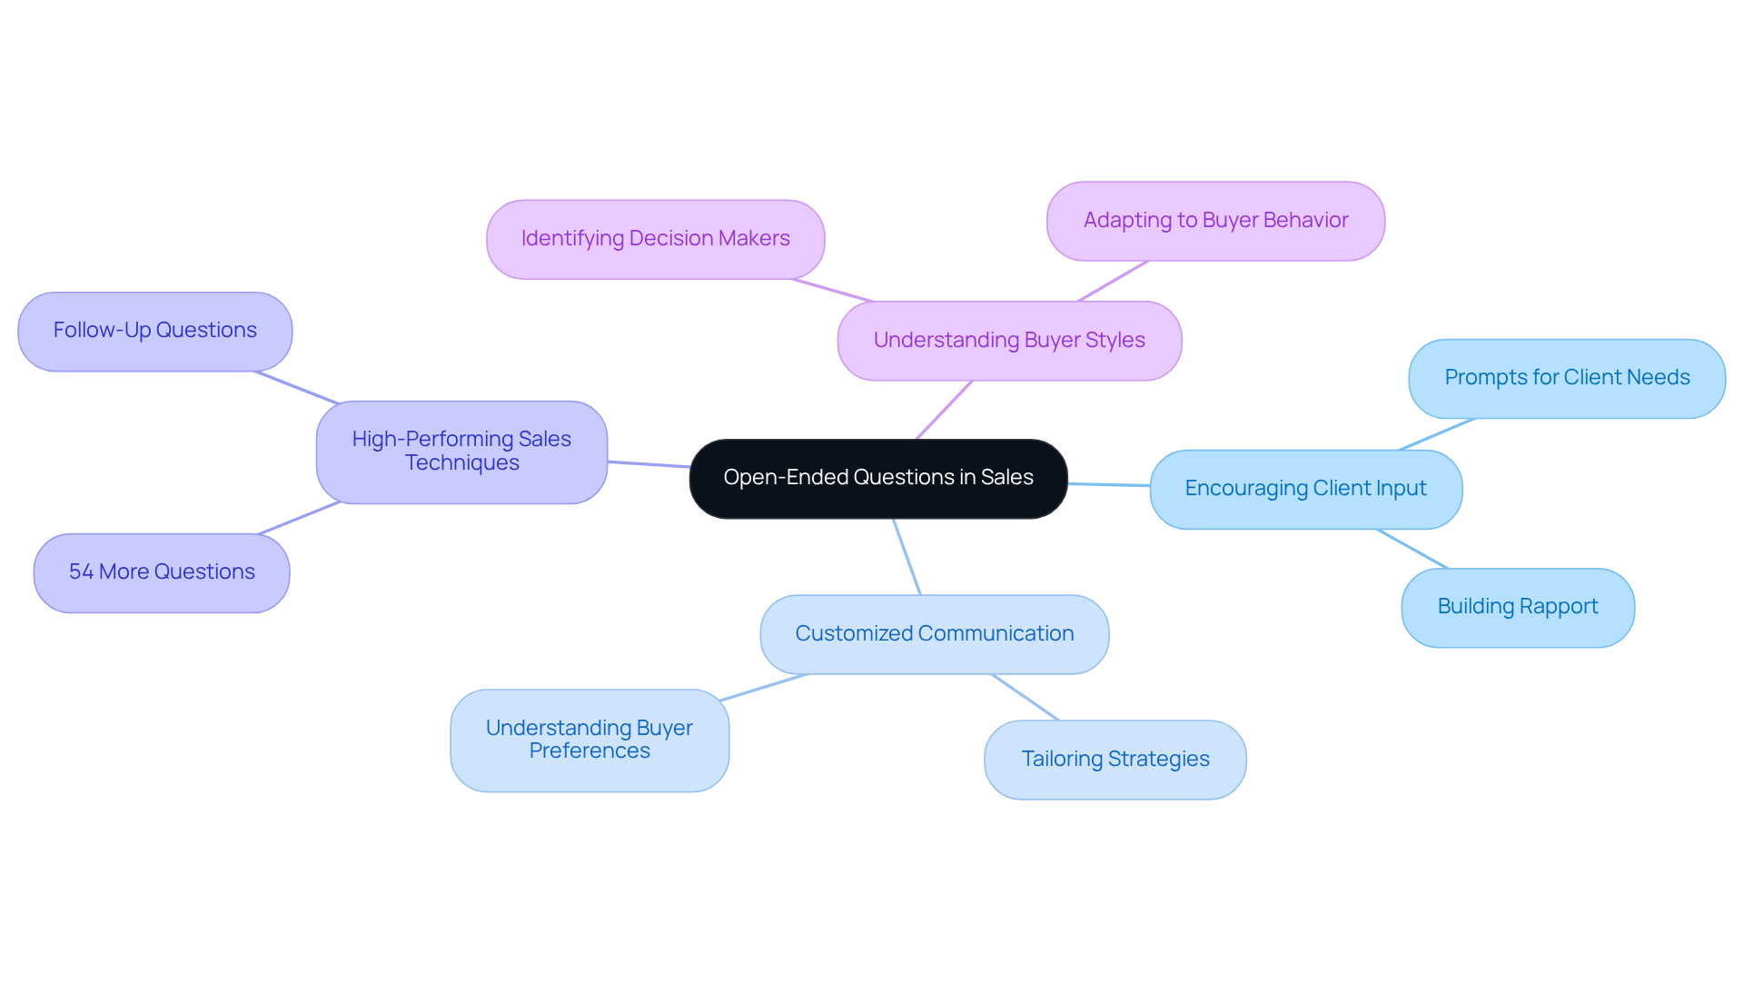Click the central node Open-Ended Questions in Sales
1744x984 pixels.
[x=877, y=478]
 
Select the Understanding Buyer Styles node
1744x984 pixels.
[x=1008, y=341]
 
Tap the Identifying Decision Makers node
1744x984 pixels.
[x=655, y=239]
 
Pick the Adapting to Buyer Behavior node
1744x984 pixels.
[x=1214, y=221]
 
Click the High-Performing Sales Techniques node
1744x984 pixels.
[x=461, y=452]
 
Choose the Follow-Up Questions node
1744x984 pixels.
[x=154, y=331]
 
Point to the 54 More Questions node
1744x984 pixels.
[x=162, y=572]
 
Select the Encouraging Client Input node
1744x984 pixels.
[x=1305, y=489]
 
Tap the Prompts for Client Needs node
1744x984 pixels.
[x=1566, y=378]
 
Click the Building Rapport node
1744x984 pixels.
[x=1517, y=607]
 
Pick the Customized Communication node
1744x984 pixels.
[x=934, y=634]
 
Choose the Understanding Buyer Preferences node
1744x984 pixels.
[x=589, y=740]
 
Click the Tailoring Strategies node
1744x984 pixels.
[x=1115, y=760]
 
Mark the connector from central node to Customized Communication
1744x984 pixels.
[x=907, y=556]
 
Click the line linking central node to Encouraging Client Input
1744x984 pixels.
[x=1108, y=484]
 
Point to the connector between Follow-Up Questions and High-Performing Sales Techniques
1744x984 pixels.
[x=297, y=386]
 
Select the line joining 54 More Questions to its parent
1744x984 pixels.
[x=299, y=518]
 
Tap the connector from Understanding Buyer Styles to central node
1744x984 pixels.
[x=945, y=410]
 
